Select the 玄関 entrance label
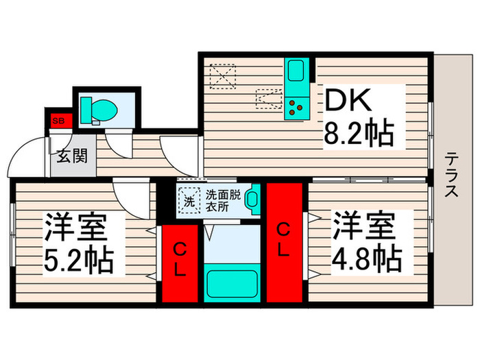(x=71, y=156)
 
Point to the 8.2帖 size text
(x=359, y=134)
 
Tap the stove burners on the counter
(x=296, y=106)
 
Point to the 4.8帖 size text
(x=368, y=258)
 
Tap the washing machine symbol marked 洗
(x=188, y=201)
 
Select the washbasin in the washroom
(x=251, y=200)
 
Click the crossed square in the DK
(x=222, y=76)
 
